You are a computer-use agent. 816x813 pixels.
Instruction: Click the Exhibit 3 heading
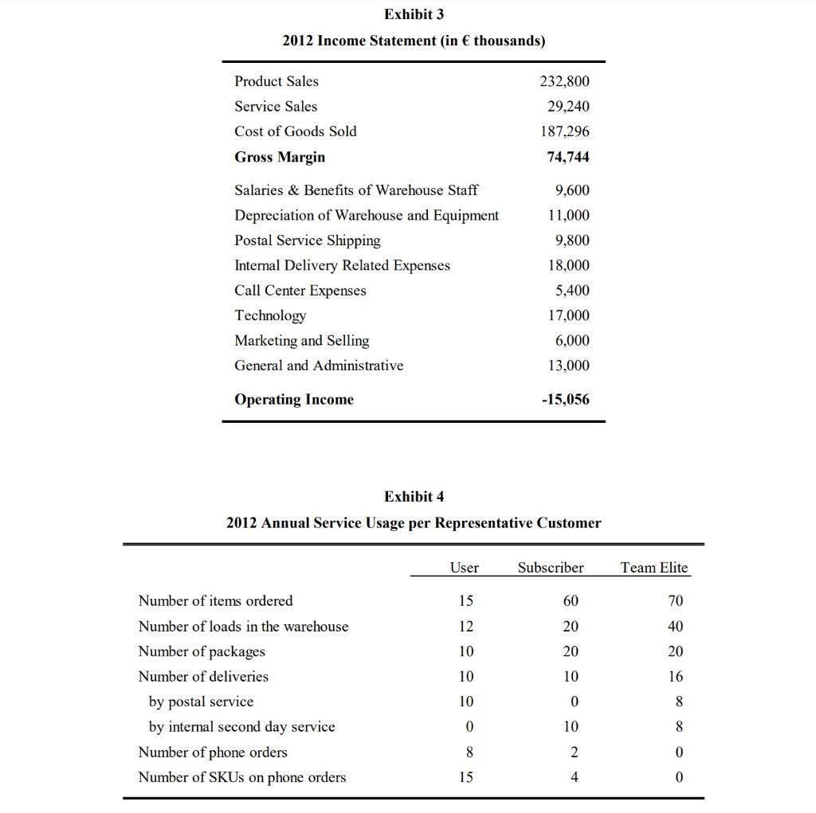[414, 14]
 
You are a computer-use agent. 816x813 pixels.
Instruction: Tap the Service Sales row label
[275, 107]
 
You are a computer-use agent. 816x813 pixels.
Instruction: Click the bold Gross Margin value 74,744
[567, 157]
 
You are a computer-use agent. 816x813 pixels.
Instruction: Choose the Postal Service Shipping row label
[307, 240]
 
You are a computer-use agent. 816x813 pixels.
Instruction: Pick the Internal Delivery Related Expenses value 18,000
[567, 265]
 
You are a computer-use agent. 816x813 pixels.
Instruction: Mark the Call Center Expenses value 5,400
[572, 291]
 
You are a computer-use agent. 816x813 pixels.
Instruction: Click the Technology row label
[269, 316]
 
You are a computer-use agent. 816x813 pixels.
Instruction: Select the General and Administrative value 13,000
[567, 365]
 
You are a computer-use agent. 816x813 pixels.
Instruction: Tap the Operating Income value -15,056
[565, 400]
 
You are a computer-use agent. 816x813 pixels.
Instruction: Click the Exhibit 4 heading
[414, 497]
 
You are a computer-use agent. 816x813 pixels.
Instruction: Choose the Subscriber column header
[550, 568]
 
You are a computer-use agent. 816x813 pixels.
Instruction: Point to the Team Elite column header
[653, 568]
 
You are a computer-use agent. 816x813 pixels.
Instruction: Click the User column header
[464, 568]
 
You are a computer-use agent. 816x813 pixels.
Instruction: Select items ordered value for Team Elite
[676, 601]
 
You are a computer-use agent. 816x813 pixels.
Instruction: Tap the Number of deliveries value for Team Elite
[676, 677]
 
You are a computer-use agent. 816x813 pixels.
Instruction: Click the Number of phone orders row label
[212, 752]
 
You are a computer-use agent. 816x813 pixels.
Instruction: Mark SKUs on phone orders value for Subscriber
[571, 777]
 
